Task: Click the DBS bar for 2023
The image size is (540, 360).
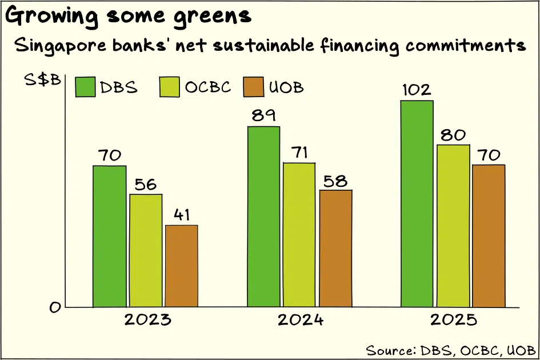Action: (x=110, y=237)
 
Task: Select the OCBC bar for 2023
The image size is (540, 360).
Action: (x=146, y=250)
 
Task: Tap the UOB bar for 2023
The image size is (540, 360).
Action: (x=182, y=266)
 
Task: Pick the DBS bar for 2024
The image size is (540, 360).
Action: (x=263, y=217)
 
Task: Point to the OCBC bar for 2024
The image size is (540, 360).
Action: (x=299, y=235)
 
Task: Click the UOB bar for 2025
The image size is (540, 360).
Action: (x=489, y=235)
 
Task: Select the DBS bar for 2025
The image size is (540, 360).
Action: (x=417, y=203)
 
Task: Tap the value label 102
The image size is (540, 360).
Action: (x=417, y=90)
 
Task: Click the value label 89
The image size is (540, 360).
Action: (x=263, y=115)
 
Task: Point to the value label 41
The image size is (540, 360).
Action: (x=182, y=215)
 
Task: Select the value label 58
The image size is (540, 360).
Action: (x=335, y=181)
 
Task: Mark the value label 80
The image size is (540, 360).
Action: (x=453, y=135)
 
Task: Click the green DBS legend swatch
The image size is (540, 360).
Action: (x=85, y=87)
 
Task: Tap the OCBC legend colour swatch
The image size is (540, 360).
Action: (x=170, y=87)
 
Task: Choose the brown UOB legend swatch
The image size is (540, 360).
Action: (x=254, y=87)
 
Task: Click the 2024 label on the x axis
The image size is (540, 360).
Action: (x=301, y=320)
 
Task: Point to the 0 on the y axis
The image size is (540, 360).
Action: (x=55, y=307)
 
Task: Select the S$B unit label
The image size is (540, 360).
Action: (x=42, y=79)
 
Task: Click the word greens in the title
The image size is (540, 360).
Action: (x=212, y=17)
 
